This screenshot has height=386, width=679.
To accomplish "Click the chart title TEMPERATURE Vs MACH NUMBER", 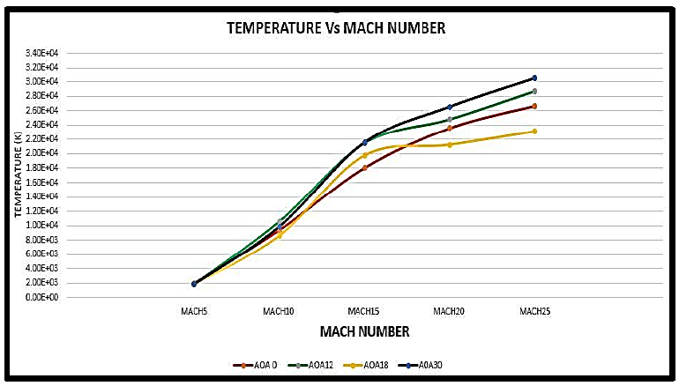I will tap(336, 28).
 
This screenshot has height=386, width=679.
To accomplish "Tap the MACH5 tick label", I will tap(193, 311).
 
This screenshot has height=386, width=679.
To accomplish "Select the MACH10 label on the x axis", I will tap(279, 311).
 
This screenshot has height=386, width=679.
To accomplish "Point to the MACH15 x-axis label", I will tap(363, 311).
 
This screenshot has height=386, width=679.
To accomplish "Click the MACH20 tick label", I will tap(449, 311).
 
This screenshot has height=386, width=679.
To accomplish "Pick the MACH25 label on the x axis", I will tap(534, 311).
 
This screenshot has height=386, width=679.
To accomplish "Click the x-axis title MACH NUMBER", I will tap(365, 332).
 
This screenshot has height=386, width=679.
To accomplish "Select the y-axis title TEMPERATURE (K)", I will tap(18, 174).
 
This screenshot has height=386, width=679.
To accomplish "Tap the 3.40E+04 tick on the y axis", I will tap(42, 53).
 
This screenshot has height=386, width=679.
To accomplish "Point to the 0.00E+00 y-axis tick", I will tap(42, 297).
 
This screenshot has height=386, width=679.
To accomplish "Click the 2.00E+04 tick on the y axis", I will tap(42, 153).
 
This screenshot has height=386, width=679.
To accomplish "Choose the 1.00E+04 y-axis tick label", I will tap(42, 225).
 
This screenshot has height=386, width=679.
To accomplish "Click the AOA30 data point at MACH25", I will tap(534, 78).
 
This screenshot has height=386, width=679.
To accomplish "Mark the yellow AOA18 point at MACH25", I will tap(534, 131).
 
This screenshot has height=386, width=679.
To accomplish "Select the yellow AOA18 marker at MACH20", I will tap(450, 145).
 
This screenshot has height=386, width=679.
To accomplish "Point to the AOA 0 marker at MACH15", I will tap(364, 167).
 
